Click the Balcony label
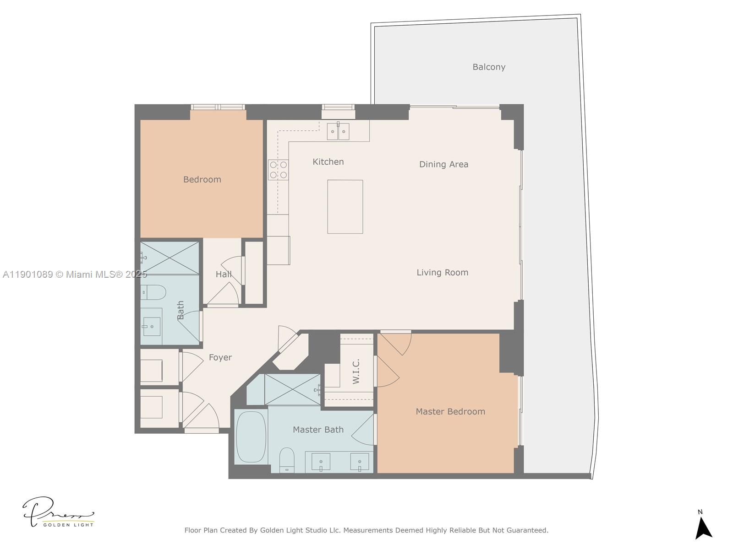coord(489,67)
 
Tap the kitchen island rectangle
coord(345,206)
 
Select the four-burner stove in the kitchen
coord(278,169)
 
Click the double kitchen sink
coord(338,131)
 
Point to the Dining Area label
coord(443,164)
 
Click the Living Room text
coord(442,272)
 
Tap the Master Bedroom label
coord(450,411)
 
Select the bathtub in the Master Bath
coord(251,437)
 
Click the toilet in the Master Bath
coord(287,459)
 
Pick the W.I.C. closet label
coord(356,371)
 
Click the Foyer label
coord(220,357)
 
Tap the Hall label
coord(223,274)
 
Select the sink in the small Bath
coord(151,326)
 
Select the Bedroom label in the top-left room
coord(202,179)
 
